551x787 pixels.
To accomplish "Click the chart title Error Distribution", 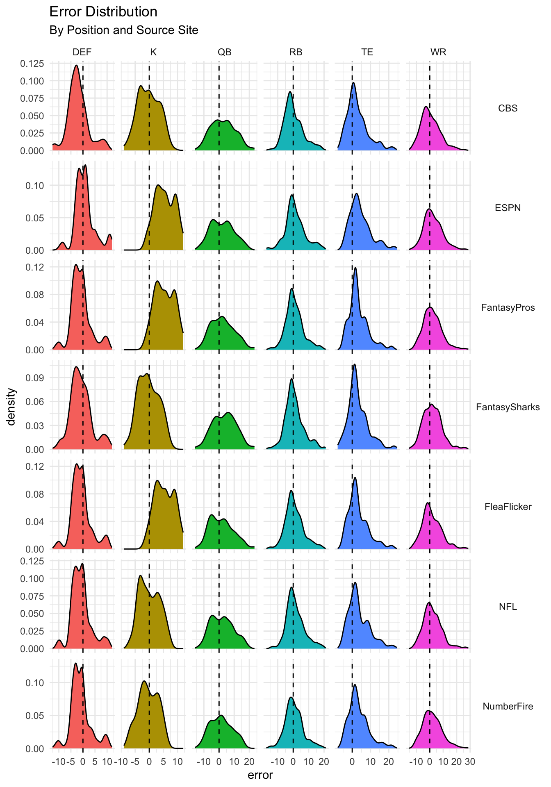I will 103,12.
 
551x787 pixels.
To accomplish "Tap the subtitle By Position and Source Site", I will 123,30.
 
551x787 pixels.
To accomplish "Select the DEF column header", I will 82,52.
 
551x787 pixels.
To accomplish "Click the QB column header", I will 225,52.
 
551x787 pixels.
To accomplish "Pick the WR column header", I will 438,52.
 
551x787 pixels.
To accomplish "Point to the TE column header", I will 367,52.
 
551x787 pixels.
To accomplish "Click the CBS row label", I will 508,108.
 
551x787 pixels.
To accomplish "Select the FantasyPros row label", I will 508,307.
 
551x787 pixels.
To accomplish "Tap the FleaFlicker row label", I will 508,507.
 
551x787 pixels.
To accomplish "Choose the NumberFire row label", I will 508,706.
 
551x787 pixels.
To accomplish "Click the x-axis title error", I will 260,775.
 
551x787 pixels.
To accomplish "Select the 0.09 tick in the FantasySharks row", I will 35,378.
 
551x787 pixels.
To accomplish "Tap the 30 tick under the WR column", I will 470,762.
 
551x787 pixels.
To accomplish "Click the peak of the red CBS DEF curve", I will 76,65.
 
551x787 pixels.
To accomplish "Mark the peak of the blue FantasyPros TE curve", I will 355,268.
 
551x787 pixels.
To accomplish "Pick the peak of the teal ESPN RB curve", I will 292,195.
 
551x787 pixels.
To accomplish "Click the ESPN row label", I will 508,208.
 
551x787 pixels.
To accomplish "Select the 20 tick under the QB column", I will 249,762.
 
